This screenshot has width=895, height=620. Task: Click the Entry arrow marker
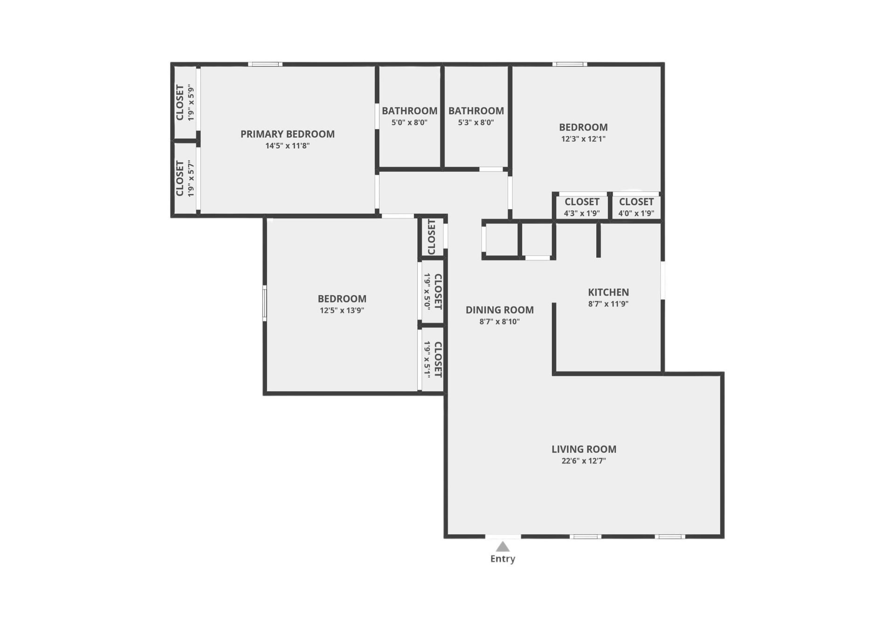click(502, 546)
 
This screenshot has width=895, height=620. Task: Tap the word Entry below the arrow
click(503, 558)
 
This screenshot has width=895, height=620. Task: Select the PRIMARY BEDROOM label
click(287, 134)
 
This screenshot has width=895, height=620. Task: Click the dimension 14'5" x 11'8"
click(287, 146)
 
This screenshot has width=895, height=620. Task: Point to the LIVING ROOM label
click(584, 449)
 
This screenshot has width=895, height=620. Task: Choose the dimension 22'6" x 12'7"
click(584, 461)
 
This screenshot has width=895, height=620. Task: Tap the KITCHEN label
click(608, 292)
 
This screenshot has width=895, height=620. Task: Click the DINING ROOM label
click(499, 310)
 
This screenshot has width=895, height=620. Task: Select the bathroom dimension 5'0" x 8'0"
click(409, 123)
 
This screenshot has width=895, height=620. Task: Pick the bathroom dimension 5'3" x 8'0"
click(476, 123)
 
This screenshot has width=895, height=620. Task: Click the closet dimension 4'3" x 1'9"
click(582, 214)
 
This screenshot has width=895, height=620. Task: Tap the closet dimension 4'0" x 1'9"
click(636, 214)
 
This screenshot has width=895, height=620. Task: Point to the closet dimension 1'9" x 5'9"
click(191, 103)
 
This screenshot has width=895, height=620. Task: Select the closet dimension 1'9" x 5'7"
click(191, 179)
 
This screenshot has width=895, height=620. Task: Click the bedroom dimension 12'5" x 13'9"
click(342, 310)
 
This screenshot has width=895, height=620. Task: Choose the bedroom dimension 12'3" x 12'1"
click(583, 139)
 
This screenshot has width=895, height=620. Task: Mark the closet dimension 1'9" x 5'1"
click(427, 359)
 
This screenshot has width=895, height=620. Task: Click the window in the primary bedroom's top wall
click(265, 64)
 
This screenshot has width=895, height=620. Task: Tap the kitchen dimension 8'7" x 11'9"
click(608, 304)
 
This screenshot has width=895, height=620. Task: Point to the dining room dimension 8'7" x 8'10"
click(499, 322)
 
